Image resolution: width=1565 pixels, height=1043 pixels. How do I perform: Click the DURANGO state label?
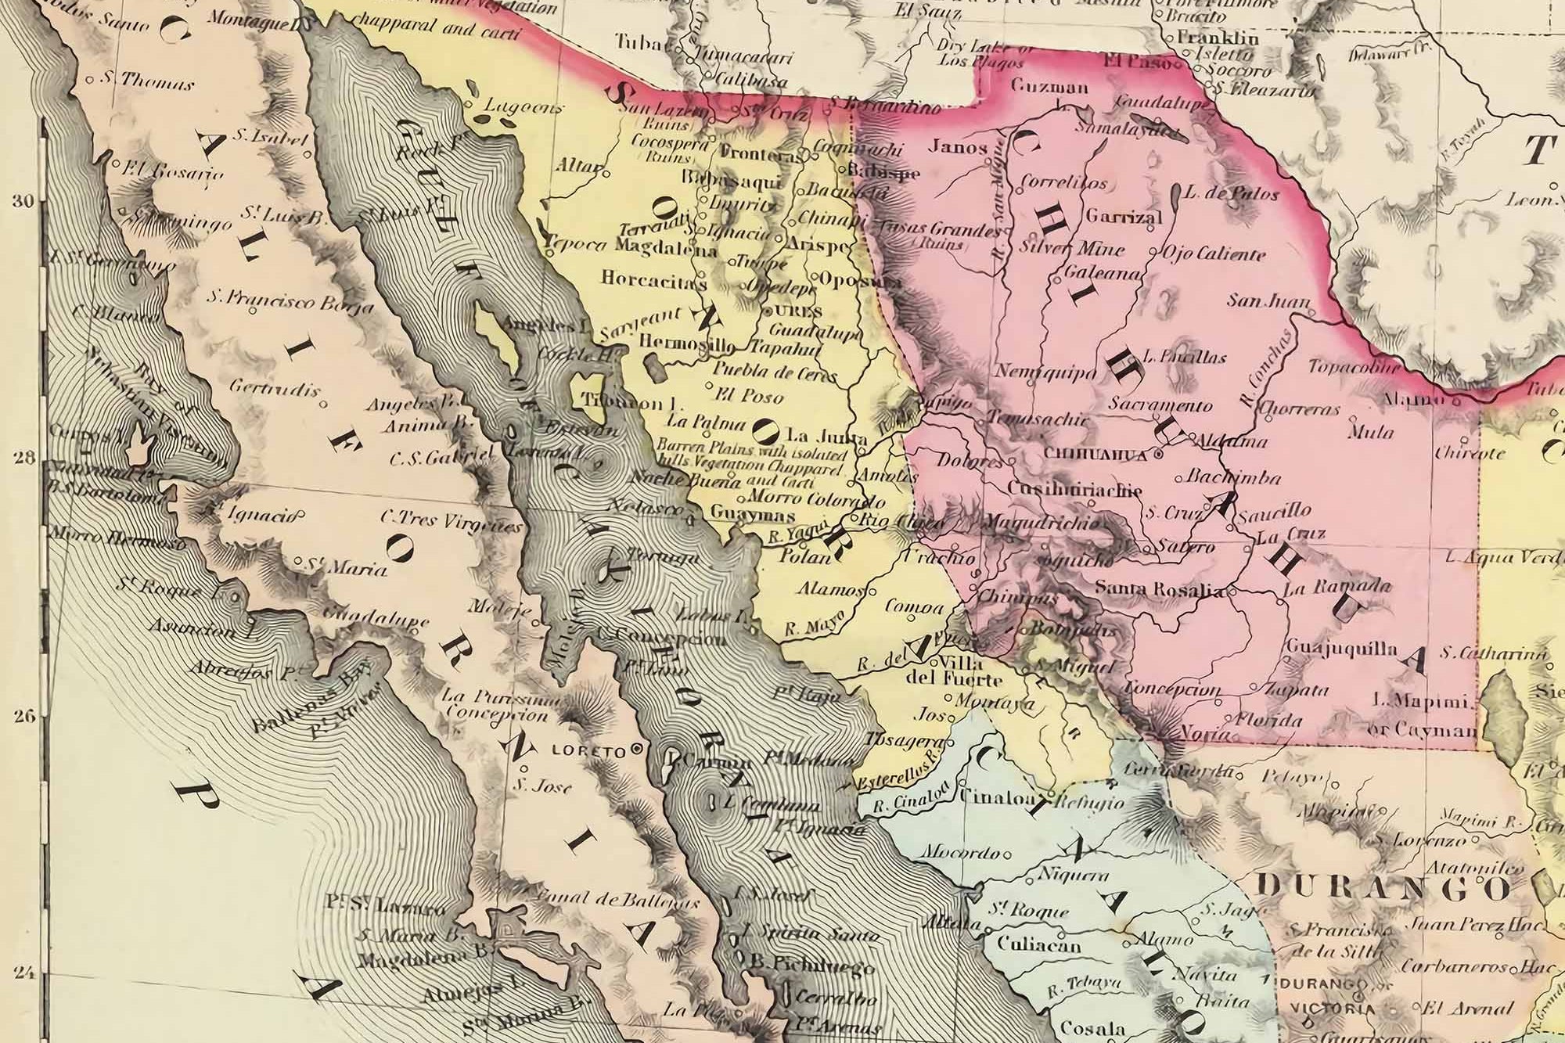coord(1384,887)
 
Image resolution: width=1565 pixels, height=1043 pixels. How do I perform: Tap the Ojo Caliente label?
coord(1214,254)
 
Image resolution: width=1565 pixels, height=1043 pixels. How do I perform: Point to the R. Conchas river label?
coord(1257,372)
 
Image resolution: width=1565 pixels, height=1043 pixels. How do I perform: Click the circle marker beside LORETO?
coord(638,749)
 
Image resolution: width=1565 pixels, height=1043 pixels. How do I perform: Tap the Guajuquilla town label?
coord(1330,649)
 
